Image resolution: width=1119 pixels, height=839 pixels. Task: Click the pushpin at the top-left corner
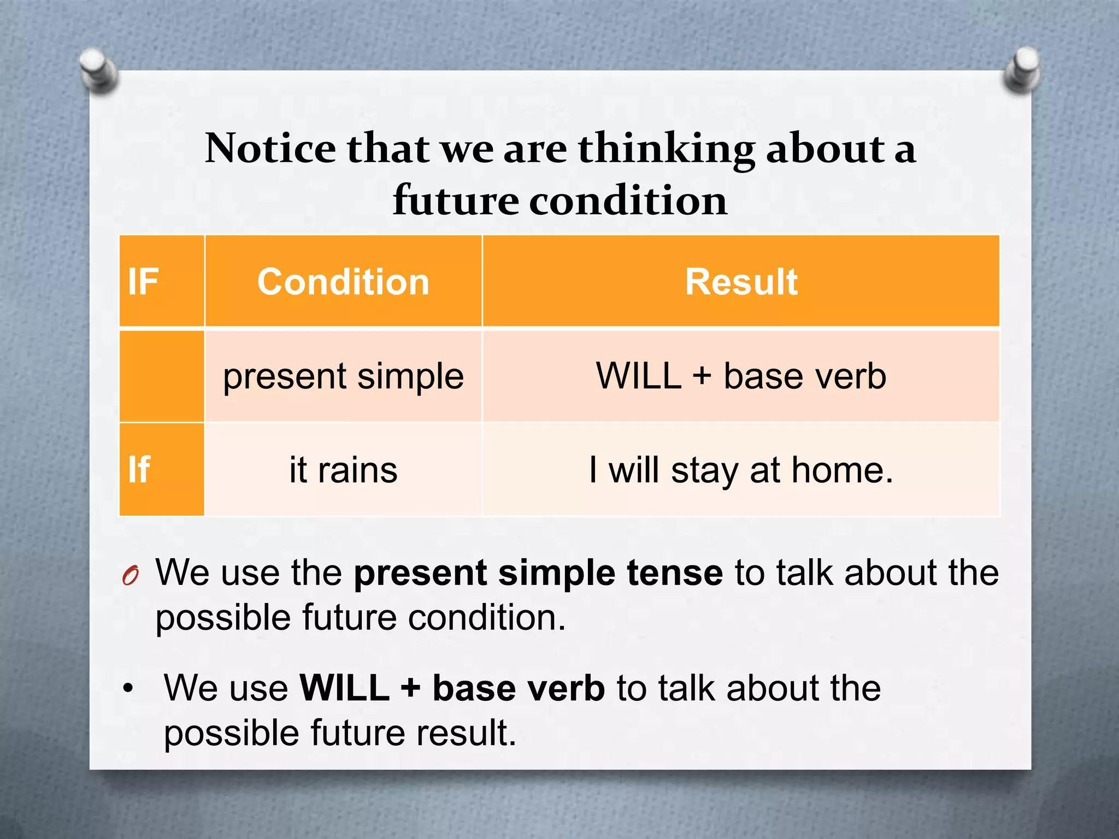[x=98, y=70]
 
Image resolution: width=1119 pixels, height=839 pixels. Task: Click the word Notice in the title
[x=270, y=149]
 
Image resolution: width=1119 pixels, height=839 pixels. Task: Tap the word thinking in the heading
[x=667, y=149]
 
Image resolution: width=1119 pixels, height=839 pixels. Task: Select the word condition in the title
[x=628, y=200]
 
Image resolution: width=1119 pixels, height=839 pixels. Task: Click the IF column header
[x=143, y=282]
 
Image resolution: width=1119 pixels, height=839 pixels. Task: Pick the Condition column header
[x=343, y=282]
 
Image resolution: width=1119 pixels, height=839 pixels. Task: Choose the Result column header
[x=741, y=282]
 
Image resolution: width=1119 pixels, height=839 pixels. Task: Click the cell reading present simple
[x=343, y=376]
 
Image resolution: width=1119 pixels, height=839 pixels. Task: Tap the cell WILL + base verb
[x=741, y=376]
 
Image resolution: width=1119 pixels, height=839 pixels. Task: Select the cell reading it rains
[x=343, y=470]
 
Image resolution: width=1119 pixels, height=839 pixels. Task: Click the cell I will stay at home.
[x=741, y=470]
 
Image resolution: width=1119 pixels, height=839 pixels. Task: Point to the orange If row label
[x=139, y=470]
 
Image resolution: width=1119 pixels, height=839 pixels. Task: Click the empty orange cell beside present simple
[x=162, y=376]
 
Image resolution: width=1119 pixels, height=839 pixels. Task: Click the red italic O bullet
[x=130, y=576]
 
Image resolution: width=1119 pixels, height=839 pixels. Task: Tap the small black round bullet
[x=128, y=688]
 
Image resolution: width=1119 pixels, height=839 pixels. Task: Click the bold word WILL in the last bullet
[x=344, y=688]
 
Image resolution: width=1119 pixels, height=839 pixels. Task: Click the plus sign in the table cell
[x=702, y=377]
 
